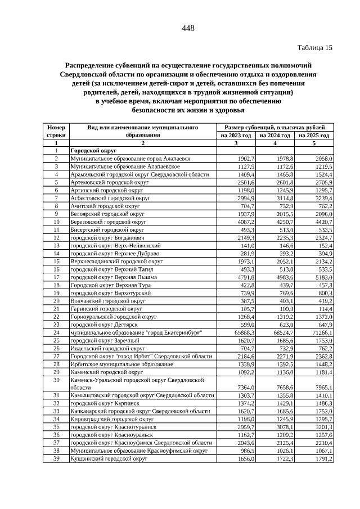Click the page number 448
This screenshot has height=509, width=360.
188,29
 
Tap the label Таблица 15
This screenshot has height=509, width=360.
314,48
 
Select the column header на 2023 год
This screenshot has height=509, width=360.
236,136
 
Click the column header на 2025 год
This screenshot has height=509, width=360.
314,136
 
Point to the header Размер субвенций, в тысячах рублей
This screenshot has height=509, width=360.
275,128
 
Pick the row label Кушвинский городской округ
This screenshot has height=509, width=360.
109,459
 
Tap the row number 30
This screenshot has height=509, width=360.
56,380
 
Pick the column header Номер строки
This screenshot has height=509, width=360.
56,132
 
